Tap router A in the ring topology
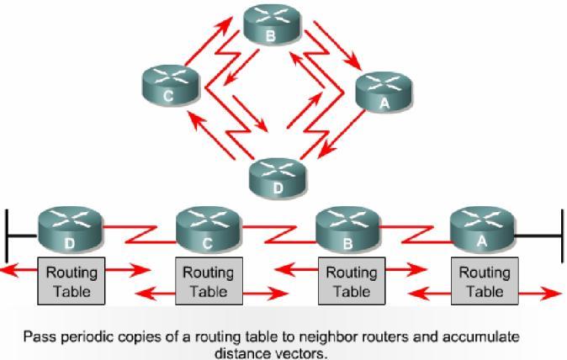385,92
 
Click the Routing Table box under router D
71,282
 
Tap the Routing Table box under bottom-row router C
208,282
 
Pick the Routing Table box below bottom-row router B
351,282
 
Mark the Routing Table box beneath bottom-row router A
484,282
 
